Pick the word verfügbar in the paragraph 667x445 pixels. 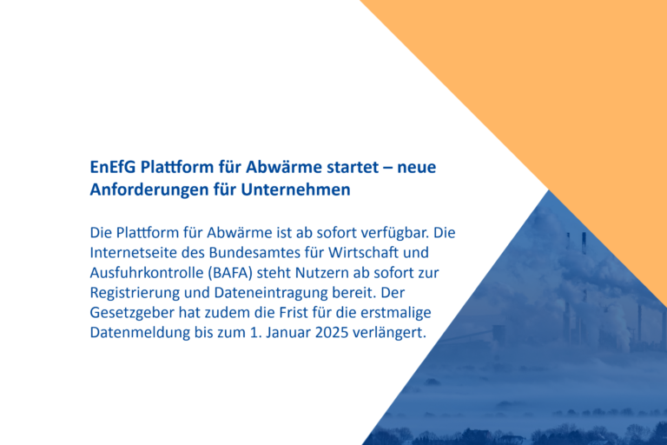coord(393,234)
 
